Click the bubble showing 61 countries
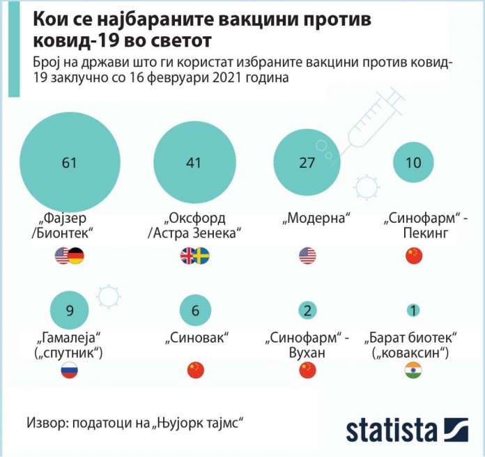click(68, 164)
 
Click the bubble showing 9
click(69, 311)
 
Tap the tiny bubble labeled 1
click(414, 311)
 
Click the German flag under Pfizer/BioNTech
click(76, 256)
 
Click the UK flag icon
click(188, 256)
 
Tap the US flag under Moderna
click(307, 256)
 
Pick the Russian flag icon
click(69, 371)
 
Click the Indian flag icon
click(414, 371)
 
